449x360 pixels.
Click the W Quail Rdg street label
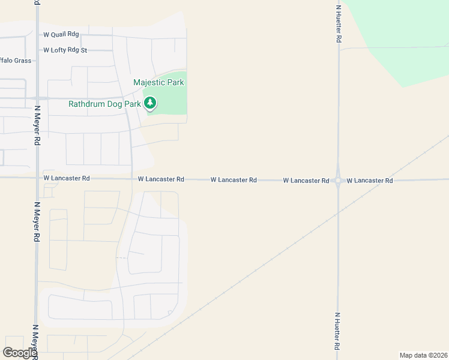[x=61, y=35]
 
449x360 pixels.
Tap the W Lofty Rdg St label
[x=65, y=50]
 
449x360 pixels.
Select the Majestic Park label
[x=158, y=82]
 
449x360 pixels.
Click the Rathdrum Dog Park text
[x=104, y=104]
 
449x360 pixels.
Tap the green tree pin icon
[x=151, y=104]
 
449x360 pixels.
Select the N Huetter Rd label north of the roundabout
[x=339, y=24]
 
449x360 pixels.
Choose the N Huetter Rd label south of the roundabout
[x=337, y=331]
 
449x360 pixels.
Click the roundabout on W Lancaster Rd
[x=338, y=179]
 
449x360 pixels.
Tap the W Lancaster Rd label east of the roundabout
[x=370, y=180]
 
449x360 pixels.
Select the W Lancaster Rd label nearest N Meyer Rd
[x=67, y=178]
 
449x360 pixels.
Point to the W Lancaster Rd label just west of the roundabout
[x=306, y=180]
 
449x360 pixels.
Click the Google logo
[x=20, y=353]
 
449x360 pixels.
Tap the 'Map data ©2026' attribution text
[x=424, y=355]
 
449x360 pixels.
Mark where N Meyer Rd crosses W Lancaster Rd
[x=37, y=178]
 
